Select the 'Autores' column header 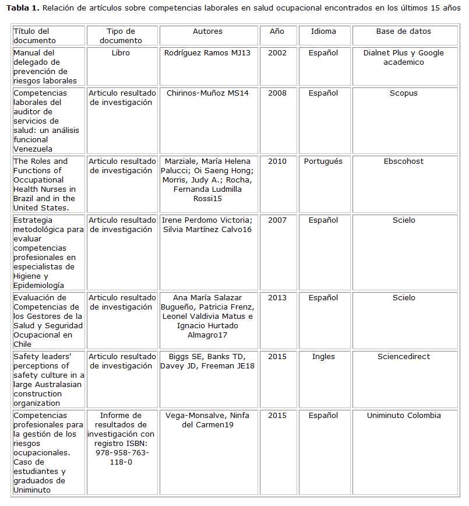click(x=207, y=31)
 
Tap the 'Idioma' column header click(x=323, y=31)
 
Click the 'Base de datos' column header click(x=403, y=31)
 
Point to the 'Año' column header click(x=277, y=31)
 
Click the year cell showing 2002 click(x=277, y=53)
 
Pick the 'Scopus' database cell click(x=403, y=93)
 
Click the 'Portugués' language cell click(x=323, y=161)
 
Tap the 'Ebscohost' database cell click(x=403, y=161)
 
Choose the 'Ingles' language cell click(x=323, y=357)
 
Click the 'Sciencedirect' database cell click(x=403, y=357)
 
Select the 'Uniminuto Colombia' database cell click(x=403, y=416)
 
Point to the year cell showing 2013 click(x=277, y=298)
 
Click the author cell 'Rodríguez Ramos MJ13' click(x=207, y=53)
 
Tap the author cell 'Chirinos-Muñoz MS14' click(x=207, y=93)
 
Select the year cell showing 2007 click(x=277, y=220)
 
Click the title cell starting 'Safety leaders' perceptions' click(x=49, y=379)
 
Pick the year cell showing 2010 click(x=277, y=161)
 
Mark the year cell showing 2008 click(x=277, y=93)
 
